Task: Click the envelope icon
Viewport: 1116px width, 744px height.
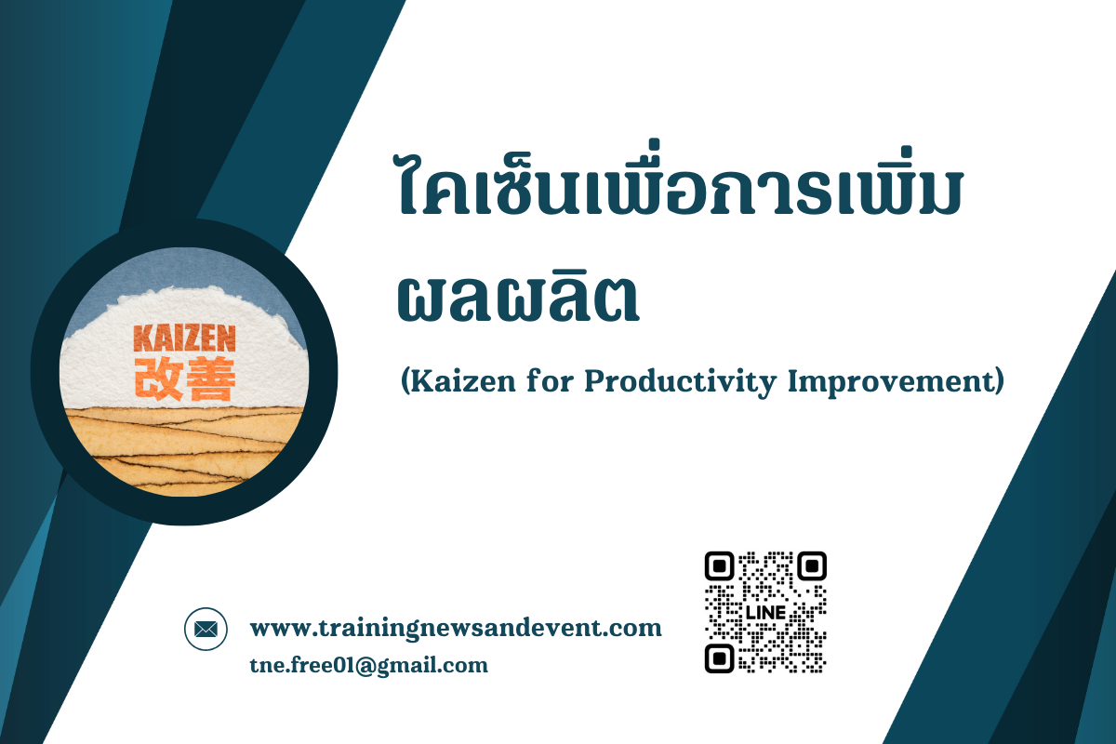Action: [206, 629]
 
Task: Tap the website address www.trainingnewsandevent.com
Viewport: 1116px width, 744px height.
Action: [456, 628]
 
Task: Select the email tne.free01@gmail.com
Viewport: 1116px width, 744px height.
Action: [368, 666]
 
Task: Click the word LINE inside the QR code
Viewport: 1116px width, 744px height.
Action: [765, 613]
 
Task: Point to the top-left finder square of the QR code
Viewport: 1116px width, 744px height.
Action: [719, 566]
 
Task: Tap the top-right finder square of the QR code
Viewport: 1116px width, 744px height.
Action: [812, 566]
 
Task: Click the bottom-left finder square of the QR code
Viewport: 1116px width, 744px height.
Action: [719, 658]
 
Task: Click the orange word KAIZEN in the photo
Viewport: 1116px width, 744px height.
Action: [184, 339]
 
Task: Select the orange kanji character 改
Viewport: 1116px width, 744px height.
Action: [158, 379]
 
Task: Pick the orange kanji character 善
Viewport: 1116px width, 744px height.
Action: [210, 379]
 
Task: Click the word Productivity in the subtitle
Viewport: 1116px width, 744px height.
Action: [680, 383]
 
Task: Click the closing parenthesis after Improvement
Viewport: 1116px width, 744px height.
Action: [1000, 381]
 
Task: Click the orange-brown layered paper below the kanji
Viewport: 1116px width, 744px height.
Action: [184, 448]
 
